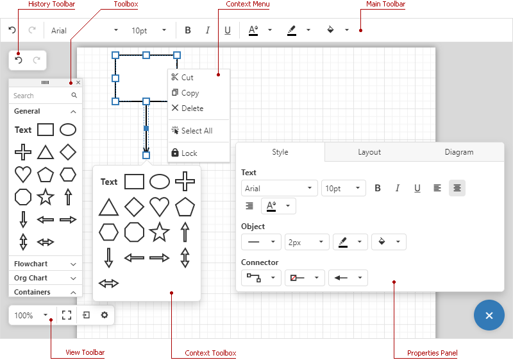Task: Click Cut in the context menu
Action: [187, 78]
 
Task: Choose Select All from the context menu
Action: [196, 131]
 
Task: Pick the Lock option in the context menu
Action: [189, 153]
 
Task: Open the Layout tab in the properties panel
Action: [369, 152]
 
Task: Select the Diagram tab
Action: [458, 152]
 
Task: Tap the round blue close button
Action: [489, 315]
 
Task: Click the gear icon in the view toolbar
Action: [104, 315]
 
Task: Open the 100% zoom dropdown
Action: [31, 315]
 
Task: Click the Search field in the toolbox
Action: [40, 96]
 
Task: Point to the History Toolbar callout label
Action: [51, 4]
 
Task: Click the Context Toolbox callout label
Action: [210, 353]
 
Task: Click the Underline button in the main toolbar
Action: [228, 30]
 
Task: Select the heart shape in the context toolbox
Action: [159, 206]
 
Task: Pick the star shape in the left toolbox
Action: [45, 196]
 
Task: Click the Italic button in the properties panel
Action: [398, 188]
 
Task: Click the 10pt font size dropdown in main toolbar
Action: [149, 30]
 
